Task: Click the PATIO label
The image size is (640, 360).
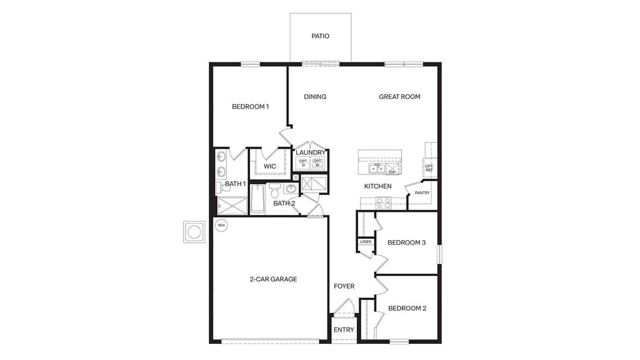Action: coord(320,36)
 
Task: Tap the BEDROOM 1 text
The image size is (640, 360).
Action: coord(250,107)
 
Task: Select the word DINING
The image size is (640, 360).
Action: coord(315,97)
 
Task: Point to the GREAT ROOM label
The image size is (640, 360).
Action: coord(399,97)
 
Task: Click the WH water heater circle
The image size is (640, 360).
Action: coord(221,225)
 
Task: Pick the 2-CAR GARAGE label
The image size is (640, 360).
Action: coord(274,279)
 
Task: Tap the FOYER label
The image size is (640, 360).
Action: coord(344,286)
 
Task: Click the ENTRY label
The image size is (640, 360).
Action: coord(344,330)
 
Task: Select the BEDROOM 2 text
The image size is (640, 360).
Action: coord(407,308)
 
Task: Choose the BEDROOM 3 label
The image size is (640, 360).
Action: coord(407,242)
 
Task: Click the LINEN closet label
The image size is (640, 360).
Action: coord(366,242)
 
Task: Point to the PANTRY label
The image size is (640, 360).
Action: coord(422,193)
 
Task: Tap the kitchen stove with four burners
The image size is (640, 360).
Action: coord(384,203)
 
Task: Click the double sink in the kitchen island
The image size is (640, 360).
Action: coord(375,168)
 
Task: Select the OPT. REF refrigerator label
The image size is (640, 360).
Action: coord(429,168)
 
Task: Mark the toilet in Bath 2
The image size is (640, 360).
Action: coord(275,192)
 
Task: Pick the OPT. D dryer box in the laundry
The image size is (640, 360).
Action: coord(303,163)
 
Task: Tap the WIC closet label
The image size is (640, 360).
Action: coord(270,166)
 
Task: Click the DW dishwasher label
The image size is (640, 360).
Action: coord(392,172)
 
